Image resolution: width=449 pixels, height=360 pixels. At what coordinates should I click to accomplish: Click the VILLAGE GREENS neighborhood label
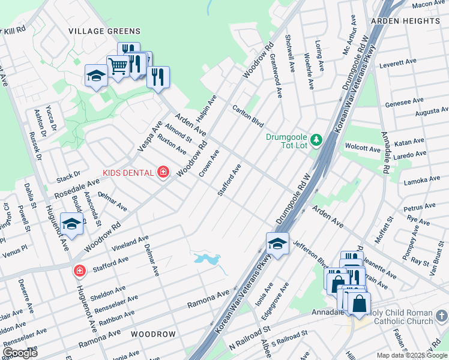pos(104,31)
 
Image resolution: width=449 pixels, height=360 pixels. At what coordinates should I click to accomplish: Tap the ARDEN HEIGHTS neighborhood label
pos(405,21)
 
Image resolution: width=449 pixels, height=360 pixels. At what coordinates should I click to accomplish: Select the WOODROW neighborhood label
pos(153,334)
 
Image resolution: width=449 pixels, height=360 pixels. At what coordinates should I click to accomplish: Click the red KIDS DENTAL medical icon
pos(162,173)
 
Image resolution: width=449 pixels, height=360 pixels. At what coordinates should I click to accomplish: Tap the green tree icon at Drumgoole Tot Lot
pos(316,139)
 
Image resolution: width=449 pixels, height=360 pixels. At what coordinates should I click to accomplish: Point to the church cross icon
pos(442,315)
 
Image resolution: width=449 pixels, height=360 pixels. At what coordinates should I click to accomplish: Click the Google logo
pos(20,353)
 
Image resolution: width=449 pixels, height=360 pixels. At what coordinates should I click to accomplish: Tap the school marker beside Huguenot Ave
pos(71,225)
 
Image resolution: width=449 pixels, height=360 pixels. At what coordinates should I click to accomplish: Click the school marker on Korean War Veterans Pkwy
pos(277,244)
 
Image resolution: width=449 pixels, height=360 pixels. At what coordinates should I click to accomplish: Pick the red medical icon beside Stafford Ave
pos(79,271)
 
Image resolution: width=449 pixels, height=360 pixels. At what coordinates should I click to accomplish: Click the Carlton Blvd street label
pos(249,115)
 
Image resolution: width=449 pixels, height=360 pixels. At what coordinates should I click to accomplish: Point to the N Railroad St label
pos(250,339)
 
